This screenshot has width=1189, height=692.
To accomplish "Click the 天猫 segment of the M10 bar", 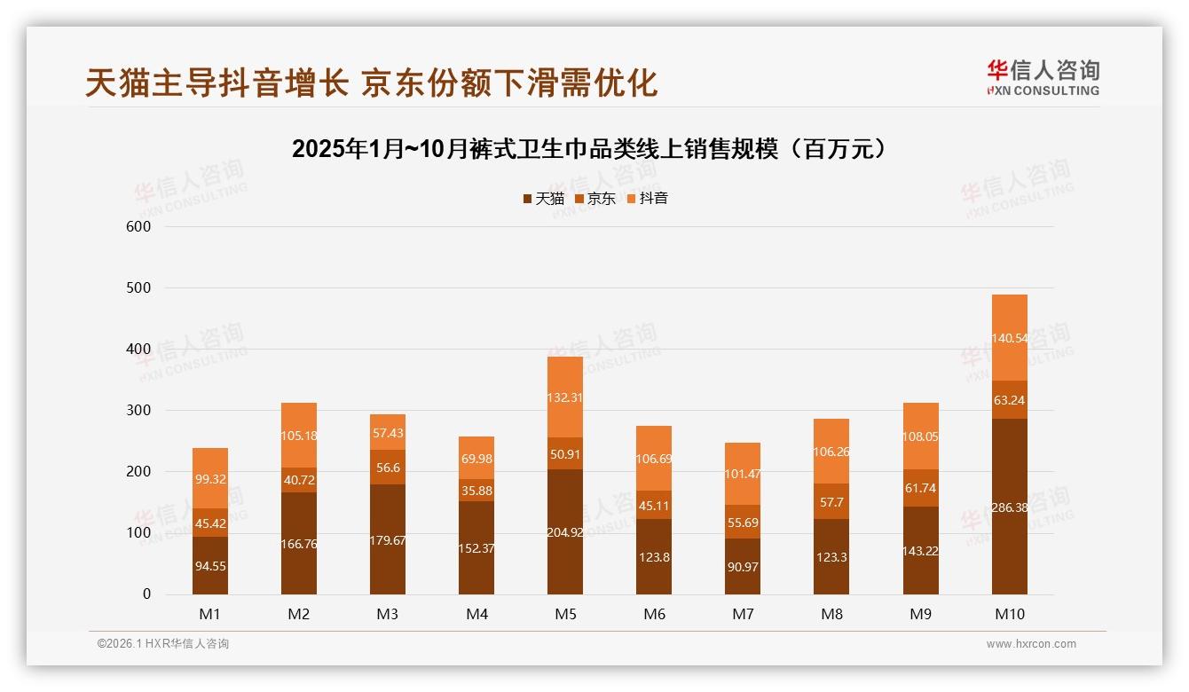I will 1009,506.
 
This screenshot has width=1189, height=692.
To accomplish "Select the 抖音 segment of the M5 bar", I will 565,397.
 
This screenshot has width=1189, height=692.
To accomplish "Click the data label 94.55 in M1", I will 209,565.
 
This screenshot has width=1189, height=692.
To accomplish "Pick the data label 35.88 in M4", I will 476,491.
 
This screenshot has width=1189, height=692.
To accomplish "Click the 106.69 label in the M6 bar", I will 654,458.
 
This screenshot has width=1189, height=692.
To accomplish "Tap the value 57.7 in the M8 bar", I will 831,501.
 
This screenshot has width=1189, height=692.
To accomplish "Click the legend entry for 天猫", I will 543,199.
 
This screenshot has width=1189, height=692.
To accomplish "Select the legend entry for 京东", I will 595,199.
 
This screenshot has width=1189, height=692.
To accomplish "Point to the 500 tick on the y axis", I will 139,288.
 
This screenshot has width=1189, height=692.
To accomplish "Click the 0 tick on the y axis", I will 146,594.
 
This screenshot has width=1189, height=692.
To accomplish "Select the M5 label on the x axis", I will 565,615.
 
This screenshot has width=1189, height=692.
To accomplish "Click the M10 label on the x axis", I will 1009,615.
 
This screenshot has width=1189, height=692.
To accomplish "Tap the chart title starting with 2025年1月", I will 590,149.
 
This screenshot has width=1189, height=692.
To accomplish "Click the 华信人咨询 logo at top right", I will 1043,78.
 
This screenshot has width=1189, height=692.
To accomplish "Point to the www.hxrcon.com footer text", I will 1031,644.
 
